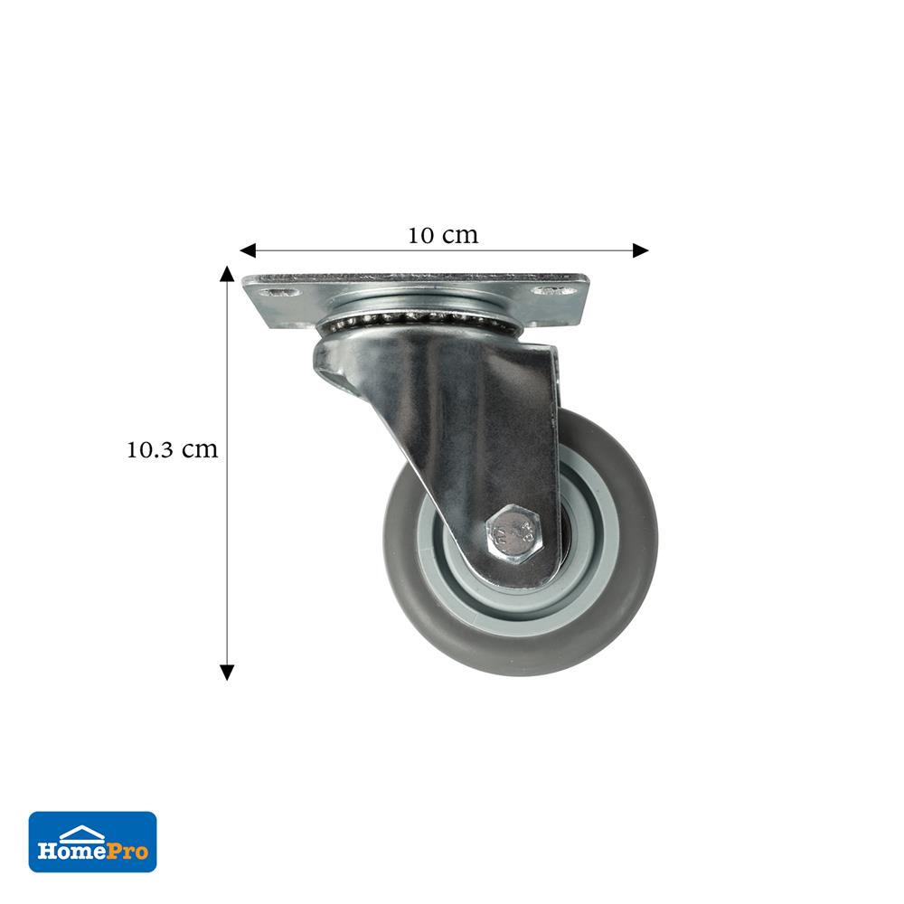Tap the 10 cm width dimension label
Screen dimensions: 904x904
(x=443, y=235)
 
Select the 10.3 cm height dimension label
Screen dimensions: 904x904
(x=173, y=449)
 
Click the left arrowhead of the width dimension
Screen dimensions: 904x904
(x=248, y=250)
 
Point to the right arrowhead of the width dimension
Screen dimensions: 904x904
(x=641, y=250)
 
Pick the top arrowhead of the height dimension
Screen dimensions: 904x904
(x=227, y=273)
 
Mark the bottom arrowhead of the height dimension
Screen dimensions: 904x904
(x=227, y=673)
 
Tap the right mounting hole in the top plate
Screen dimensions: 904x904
(x=555, y=290)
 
